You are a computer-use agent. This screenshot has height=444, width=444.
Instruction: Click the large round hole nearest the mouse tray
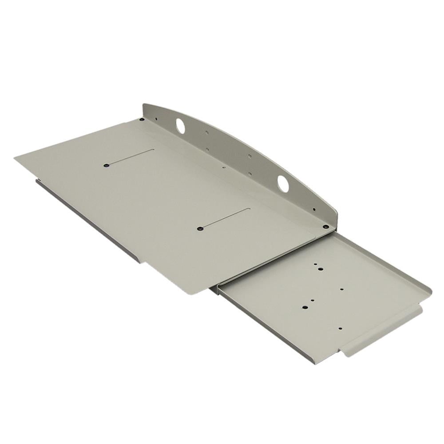pos(283,184)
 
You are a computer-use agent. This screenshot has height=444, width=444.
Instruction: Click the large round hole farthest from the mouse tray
pos(180,126)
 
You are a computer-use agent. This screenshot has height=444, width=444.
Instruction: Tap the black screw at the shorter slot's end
pos(106,165)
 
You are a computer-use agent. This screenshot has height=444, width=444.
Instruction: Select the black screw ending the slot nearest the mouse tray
pos(200,229)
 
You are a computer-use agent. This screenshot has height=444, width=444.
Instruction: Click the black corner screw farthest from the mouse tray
pos(142,119)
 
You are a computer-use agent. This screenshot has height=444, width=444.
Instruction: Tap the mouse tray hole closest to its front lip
pos(341,329)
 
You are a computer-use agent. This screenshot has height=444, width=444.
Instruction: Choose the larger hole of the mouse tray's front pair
pos(305,307)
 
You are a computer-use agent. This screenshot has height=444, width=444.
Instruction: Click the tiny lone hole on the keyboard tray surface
pos(223,168)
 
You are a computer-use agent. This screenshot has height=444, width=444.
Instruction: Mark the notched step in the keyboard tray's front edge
pos(144,262)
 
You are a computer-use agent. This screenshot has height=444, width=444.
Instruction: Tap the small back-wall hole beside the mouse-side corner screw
pos(314,209)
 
